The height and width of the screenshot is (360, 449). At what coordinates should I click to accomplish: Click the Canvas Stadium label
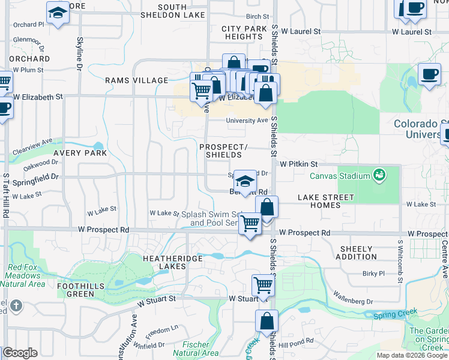[339, 176]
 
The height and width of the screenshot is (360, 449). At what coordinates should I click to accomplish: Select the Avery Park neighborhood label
[80, 153]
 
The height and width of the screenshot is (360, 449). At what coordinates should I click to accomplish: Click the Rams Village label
[136, 80]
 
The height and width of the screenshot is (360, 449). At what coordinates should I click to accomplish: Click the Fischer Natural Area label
[195, 349]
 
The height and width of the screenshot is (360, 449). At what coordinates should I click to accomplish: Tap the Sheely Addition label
[357, 253]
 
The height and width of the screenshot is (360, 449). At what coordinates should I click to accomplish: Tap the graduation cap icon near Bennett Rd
[244, 180]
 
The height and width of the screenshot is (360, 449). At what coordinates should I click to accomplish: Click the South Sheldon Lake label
[172, 11]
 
